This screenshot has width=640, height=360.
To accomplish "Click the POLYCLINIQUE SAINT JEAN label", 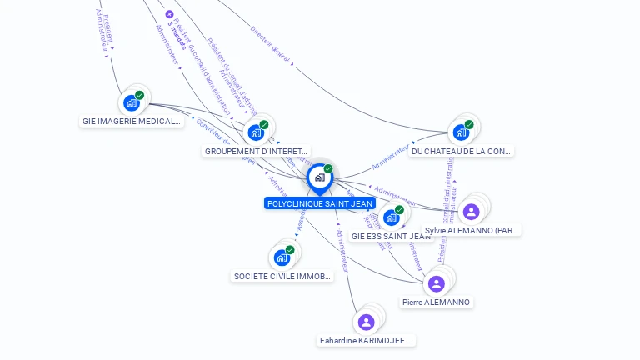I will pyautogui.click(x=320, y=203).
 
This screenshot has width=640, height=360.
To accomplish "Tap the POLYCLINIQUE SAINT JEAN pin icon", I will pyautogui.click(x=319, y=177).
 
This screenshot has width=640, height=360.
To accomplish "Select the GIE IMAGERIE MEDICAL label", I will pyautogui.click(x=132, y=122).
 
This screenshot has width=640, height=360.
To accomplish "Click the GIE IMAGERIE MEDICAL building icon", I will pyautogui.click(x=131, y=102).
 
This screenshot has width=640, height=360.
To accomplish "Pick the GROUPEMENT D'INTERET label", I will pyautogui.click(x=255, y=152).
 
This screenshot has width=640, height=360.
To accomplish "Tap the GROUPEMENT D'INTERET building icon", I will pyautogui.click(x=255, y=132).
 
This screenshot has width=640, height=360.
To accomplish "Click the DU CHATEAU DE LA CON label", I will pyautogui.click(x=462, y=152).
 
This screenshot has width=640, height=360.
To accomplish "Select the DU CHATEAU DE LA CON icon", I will pyautogui.click(x=461, y=132).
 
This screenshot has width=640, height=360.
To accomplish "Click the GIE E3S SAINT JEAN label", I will pyautogui.click(x=391, y=236).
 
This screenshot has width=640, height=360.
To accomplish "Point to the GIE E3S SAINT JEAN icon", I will pyautogui.click(x=391, y=217).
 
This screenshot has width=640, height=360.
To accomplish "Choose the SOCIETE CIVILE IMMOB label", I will pyautogui.click(x=282, y=276).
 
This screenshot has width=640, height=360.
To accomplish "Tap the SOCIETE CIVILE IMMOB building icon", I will pyautogui.click(x=282, y=257).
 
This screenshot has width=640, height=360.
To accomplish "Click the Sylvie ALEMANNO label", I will pyautogui.click(x=471, y=231).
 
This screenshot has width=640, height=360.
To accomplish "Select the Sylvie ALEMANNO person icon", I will pyautogui.click(x=471, y=212).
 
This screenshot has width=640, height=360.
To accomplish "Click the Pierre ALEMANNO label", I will pyautogui.click(x=436, y=302).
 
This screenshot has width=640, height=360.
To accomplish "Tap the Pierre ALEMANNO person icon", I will pyautogui.click(x=436, y=283).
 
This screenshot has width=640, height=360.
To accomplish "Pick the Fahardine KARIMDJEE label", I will pyautogui.click(x=367, y=341).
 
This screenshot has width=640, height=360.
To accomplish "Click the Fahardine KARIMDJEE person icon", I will pyautogui.click(x=366, y=322).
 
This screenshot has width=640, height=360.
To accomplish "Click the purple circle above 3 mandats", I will pyautogui.click(x=170, y=14).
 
